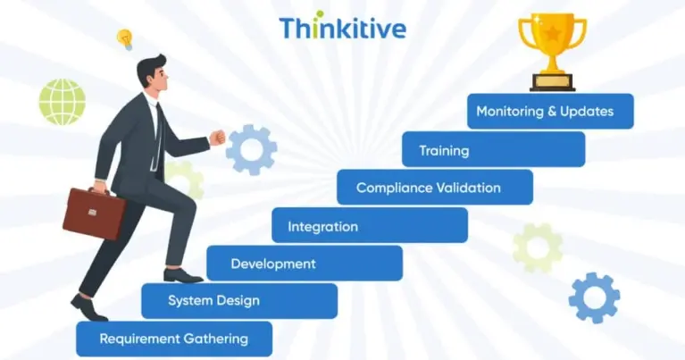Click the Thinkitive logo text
click(x=342, y=27)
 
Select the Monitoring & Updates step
click(x=550, y=112)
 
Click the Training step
click(x=493, y=150)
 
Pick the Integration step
click(x=369, y=226)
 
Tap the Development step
click(x=304, y=264)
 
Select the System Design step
click(x=238, y=301)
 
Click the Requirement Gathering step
click(x=173, y=339)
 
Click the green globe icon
click(x=62, y=101)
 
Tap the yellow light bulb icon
click(x=125, y=39)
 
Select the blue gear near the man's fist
click(x=251, y=150)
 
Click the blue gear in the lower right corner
click(x=594, y=297)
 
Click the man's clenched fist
click(x=216, y=138)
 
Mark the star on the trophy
click(x=552, y=35)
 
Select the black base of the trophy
click(x=552, y=82)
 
